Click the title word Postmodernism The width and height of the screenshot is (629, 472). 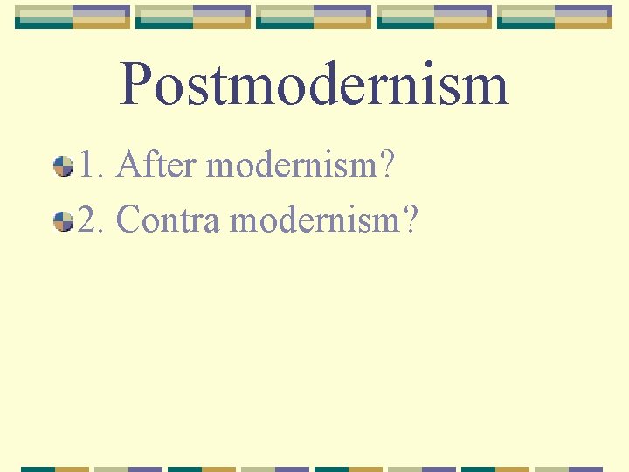point(314,85)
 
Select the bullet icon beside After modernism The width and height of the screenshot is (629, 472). point(63,165)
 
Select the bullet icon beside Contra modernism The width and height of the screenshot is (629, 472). point(63,221)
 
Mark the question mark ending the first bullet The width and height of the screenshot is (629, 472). point(386,164)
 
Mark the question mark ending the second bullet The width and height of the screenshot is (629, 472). point(409,220)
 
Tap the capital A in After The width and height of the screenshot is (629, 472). point(128,164)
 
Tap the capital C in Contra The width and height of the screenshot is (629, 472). point(128,220)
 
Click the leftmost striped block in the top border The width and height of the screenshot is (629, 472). point(73,17)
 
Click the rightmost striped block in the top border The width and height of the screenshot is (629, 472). point(554,17)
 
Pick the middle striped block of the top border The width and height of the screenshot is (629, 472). point(314,17)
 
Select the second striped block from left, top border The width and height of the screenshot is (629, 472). point(194,17)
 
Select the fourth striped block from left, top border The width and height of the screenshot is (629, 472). point(434,17)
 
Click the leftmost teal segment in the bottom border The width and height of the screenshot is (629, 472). point(39,469)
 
